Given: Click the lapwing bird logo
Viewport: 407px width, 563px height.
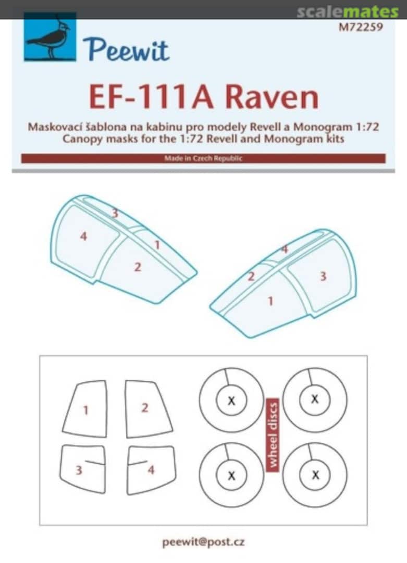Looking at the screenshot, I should [x=50, y=38].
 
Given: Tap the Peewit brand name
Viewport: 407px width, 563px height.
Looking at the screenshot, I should [x=126, y=50].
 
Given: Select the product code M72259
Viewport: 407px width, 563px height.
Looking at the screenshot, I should [x=361, y=28].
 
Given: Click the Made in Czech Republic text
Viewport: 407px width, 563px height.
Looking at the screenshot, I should [x=203, y=158].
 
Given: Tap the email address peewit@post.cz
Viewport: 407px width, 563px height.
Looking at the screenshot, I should [x=203, y=542].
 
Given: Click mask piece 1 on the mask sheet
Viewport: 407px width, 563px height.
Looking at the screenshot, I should [x=85, y=410].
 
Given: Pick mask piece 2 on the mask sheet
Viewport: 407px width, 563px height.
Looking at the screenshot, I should [x=145, y=408].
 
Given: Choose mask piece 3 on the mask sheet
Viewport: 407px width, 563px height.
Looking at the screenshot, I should [x=79, y=470].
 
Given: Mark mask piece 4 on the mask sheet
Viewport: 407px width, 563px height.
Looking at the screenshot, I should [x=151, y=470].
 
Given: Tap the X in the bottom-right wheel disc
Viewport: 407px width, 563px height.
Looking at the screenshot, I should [x=315, y=475].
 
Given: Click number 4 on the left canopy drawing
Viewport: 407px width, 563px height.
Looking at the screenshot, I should [x=83, y=237].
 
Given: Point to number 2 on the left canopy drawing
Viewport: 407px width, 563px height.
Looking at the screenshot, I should [x=138, y=267].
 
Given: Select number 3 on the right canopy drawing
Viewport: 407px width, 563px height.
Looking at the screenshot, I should [x=323, y=276].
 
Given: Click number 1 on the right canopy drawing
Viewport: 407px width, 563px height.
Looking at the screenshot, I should [x=270, y=301].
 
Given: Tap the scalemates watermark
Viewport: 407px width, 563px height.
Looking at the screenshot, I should [x=348, y=11].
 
